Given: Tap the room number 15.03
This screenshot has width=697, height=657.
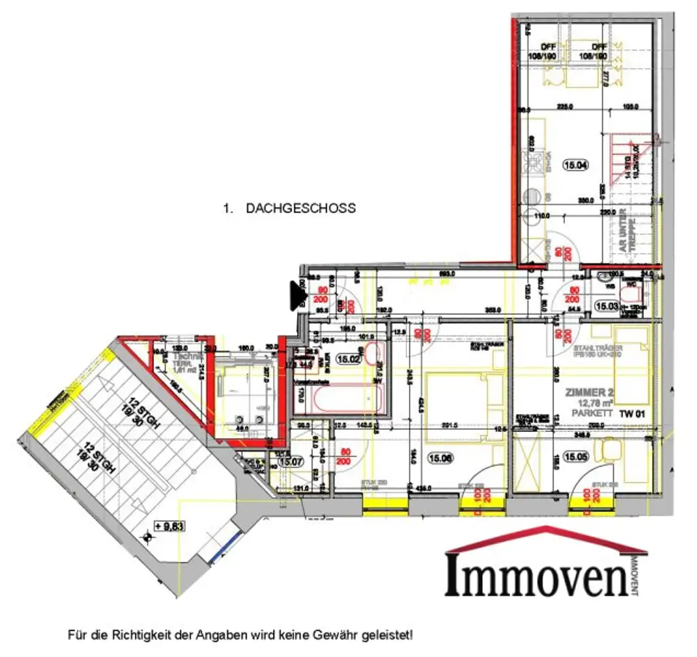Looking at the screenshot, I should click(606, 307).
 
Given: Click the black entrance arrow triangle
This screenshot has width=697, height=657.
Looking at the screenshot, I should click(297, 295).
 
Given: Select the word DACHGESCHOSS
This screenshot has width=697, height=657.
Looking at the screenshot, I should click(300, 208).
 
